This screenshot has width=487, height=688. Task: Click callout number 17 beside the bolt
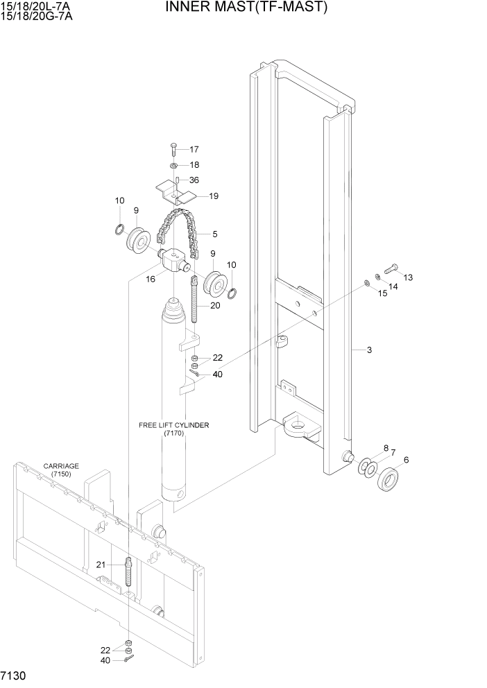pyautogui.click(x=194, y=149)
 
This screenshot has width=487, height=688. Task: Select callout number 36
pyautogui.click(x=194, y=180)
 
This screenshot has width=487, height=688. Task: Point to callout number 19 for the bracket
pyautogui.click(x=214, y=196)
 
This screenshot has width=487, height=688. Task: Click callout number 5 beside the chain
pyautogui.click(x=214, y=234)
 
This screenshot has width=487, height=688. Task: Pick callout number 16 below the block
pyautogui.click(x=149, y=279)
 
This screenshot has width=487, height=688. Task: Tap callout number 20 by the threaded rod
pyautogui.click(x=215, y=306)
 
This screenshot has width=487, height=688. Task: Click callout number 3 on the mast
pyautogui.click(x=369, y=350)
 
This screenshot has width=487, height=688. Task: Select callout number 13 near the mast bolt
pyautogui.click(x=407, y=277)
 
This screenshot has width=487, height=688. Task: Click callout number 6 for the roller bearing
pyautogui.click(x=406, y=459)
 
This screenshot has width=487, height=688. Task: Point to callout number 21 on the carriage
pyautogui.click(x=101, y=565)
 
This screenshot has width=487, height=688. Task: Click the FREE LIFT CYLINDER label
pyautogui.click(x=173, y=425)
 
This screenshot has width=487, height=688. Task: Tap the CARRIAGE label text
pyautogui.click(x=61, y=466)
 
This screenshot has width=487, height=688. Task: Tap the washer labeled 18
pyautogui.click(x=173, y=166)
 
